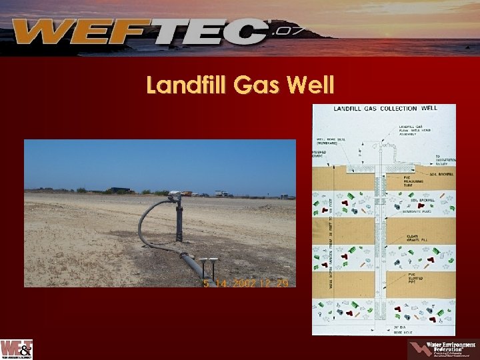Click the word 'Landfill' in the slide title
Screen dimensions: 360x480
click(x=186, y=85)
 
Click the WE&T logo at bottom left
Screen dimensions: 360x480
click(x=17, y=349)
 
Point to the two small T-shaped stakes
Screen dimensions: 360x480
click(x=209, y=265)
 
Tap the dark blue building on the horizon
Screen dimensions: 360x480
click(x=121, y=190)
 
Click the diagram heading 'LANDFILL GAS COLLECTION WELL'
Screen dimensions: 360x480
click(x=385, y=108)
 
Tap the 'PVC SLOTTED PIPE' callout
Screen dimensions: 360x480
click(x=414, y=277)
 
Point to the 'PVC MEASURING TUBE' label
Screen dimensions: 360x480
click(x=415, y=181)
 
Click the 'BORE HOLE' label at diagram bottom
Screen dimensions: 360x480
click(x=401, y=329)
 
